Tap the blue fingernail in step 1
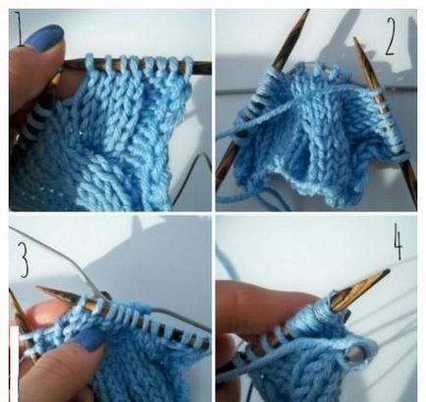tap(44, 39)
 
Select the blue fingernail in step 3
tap(88, 339)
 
